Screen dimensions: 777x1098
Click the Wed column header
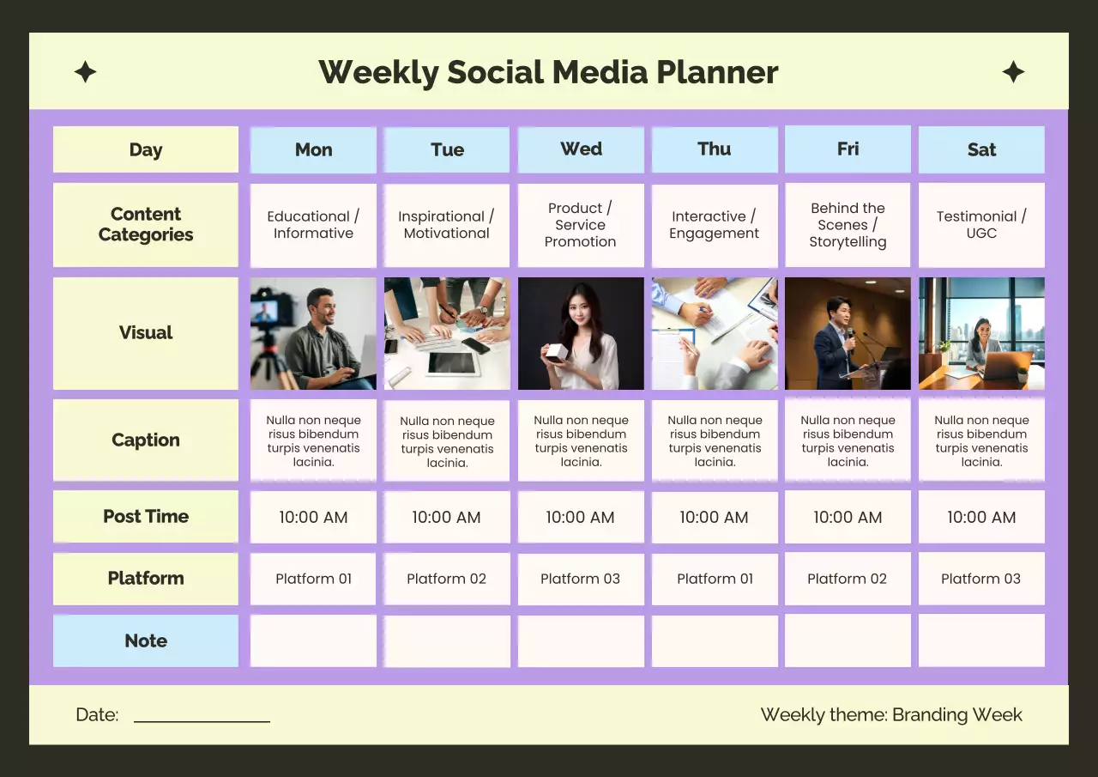581,149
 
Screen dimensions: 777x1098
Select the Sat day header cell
981,150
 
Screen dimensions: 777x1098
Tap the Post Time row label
146,517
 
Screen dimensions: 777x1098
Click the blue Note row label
146,641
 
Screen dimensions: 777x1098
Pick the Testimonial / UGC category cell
981,225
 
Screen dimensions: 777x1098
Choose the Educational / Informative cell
313,225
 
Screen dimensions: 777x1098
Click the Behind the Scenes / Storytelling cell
848,225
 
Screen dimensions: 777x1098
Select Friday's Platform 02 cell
848,579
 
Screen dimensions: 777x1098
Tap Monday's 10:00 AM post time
313,517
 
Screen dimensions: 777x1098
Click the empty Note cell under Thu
715,641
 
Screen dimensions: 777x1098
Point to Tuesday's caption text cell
447,441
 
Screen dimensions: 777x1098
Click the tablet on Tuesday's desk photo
452,363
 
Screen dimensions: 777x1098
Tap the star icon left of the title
85,72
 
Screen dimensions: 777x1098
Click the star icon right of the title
1013,72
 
